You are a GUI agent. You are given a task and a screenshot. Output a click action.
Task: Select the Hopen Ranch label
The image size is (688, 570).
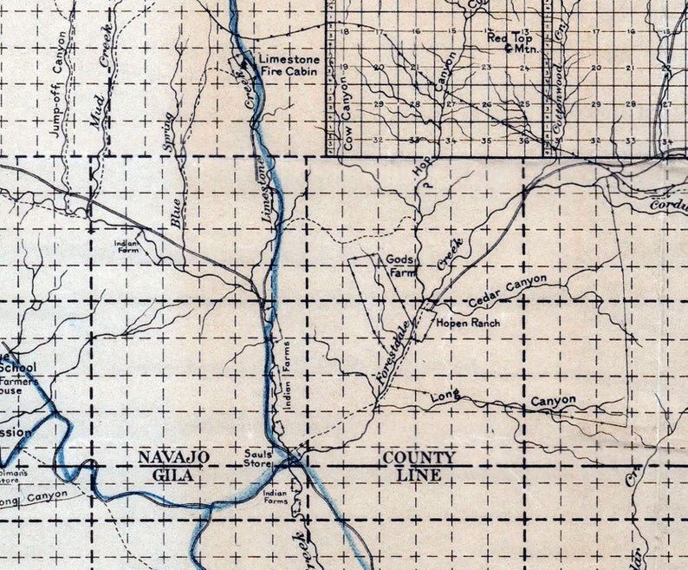[x=468, y=323]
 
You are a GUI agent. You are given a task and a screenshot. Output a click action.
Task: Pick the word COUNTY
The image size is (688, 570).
[x=419, y=457]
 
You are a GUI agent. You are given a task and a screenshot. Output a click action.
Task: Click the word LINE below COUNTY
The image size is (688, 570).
[x=419, y=475]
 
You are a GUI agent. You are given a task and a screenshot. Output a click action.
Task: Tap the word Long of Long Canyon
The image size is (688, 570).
[x=444, y=396]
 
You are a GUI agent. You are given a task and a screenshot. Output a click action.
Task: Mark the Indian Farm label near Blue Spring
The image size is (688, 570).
[x=127, y=246]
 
